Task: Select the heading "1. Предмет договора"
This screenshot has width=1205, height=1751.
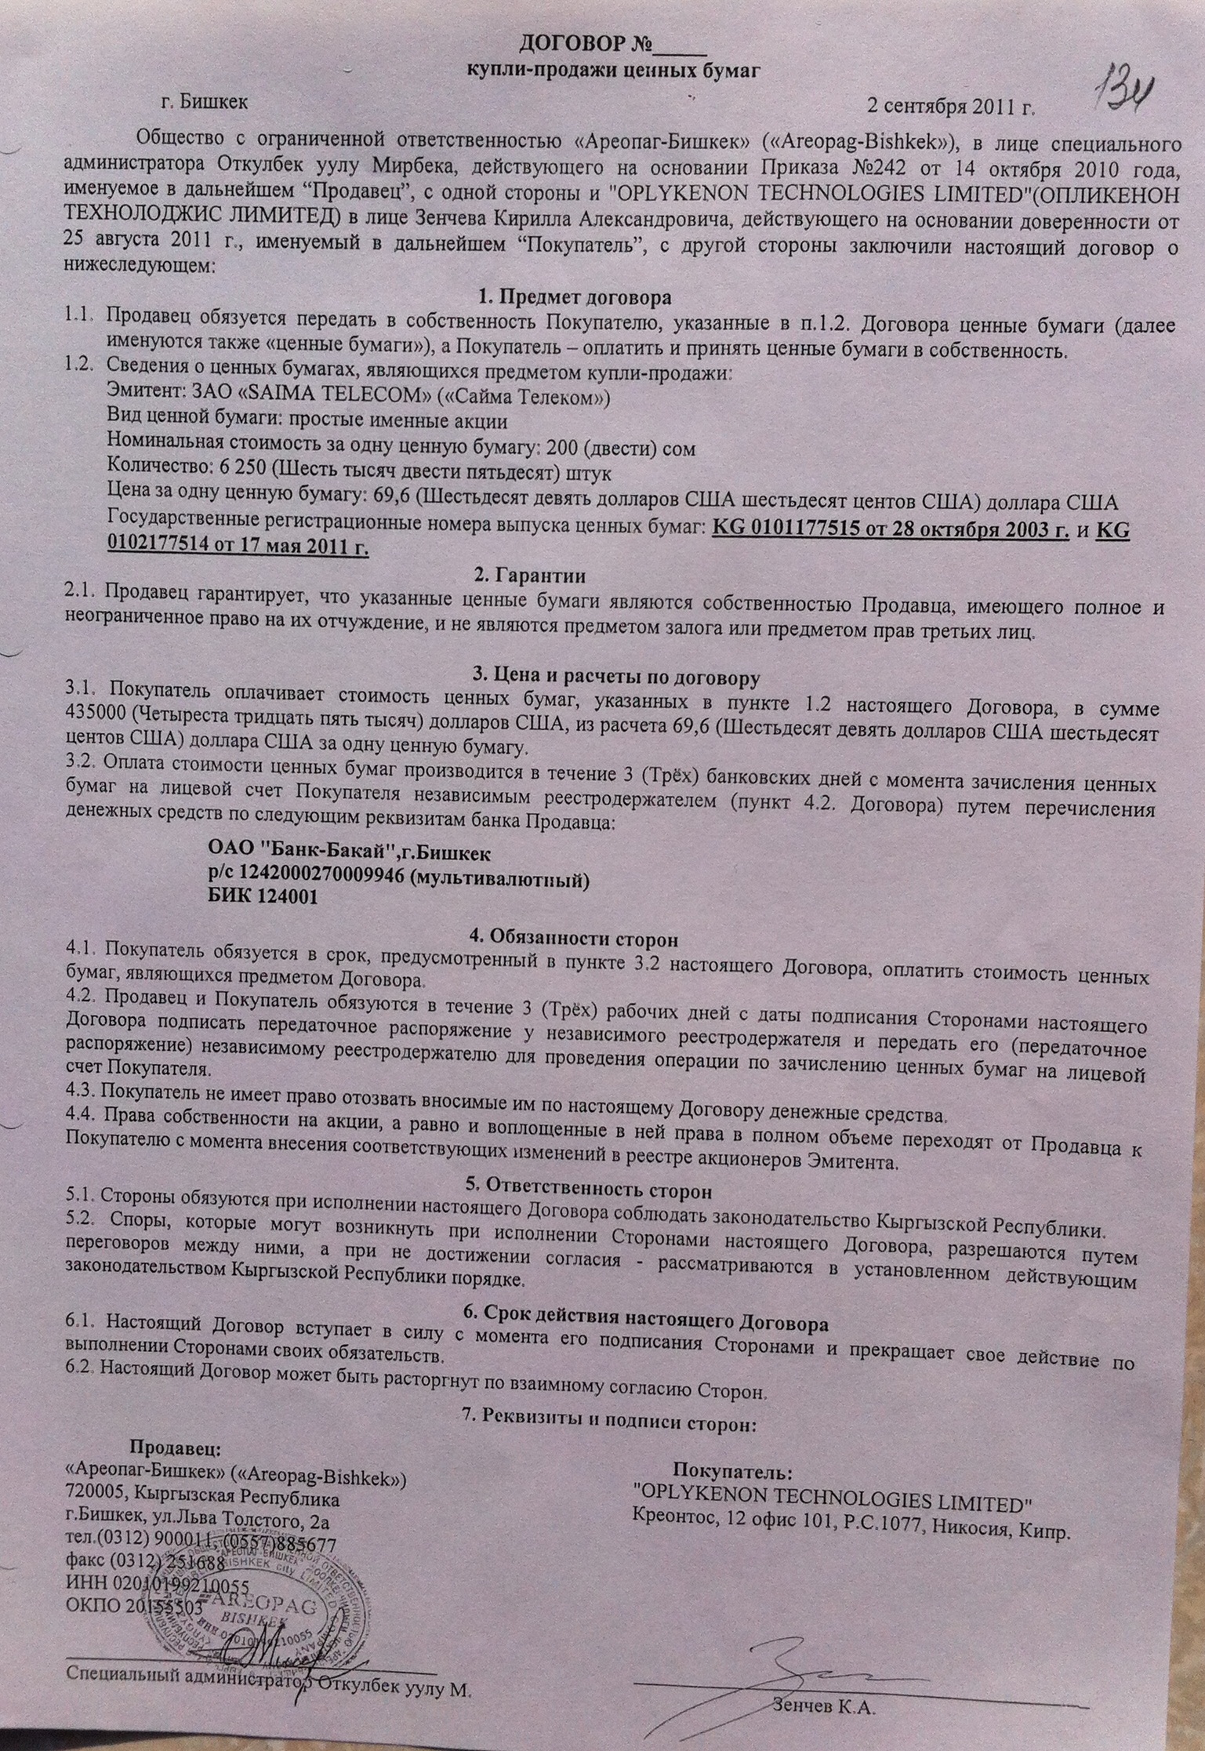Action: pyautogui.click(x=575, y=297)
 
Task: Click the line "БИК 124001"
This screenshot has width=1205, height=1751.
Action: pyautogui.click(x=263, y=899)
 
